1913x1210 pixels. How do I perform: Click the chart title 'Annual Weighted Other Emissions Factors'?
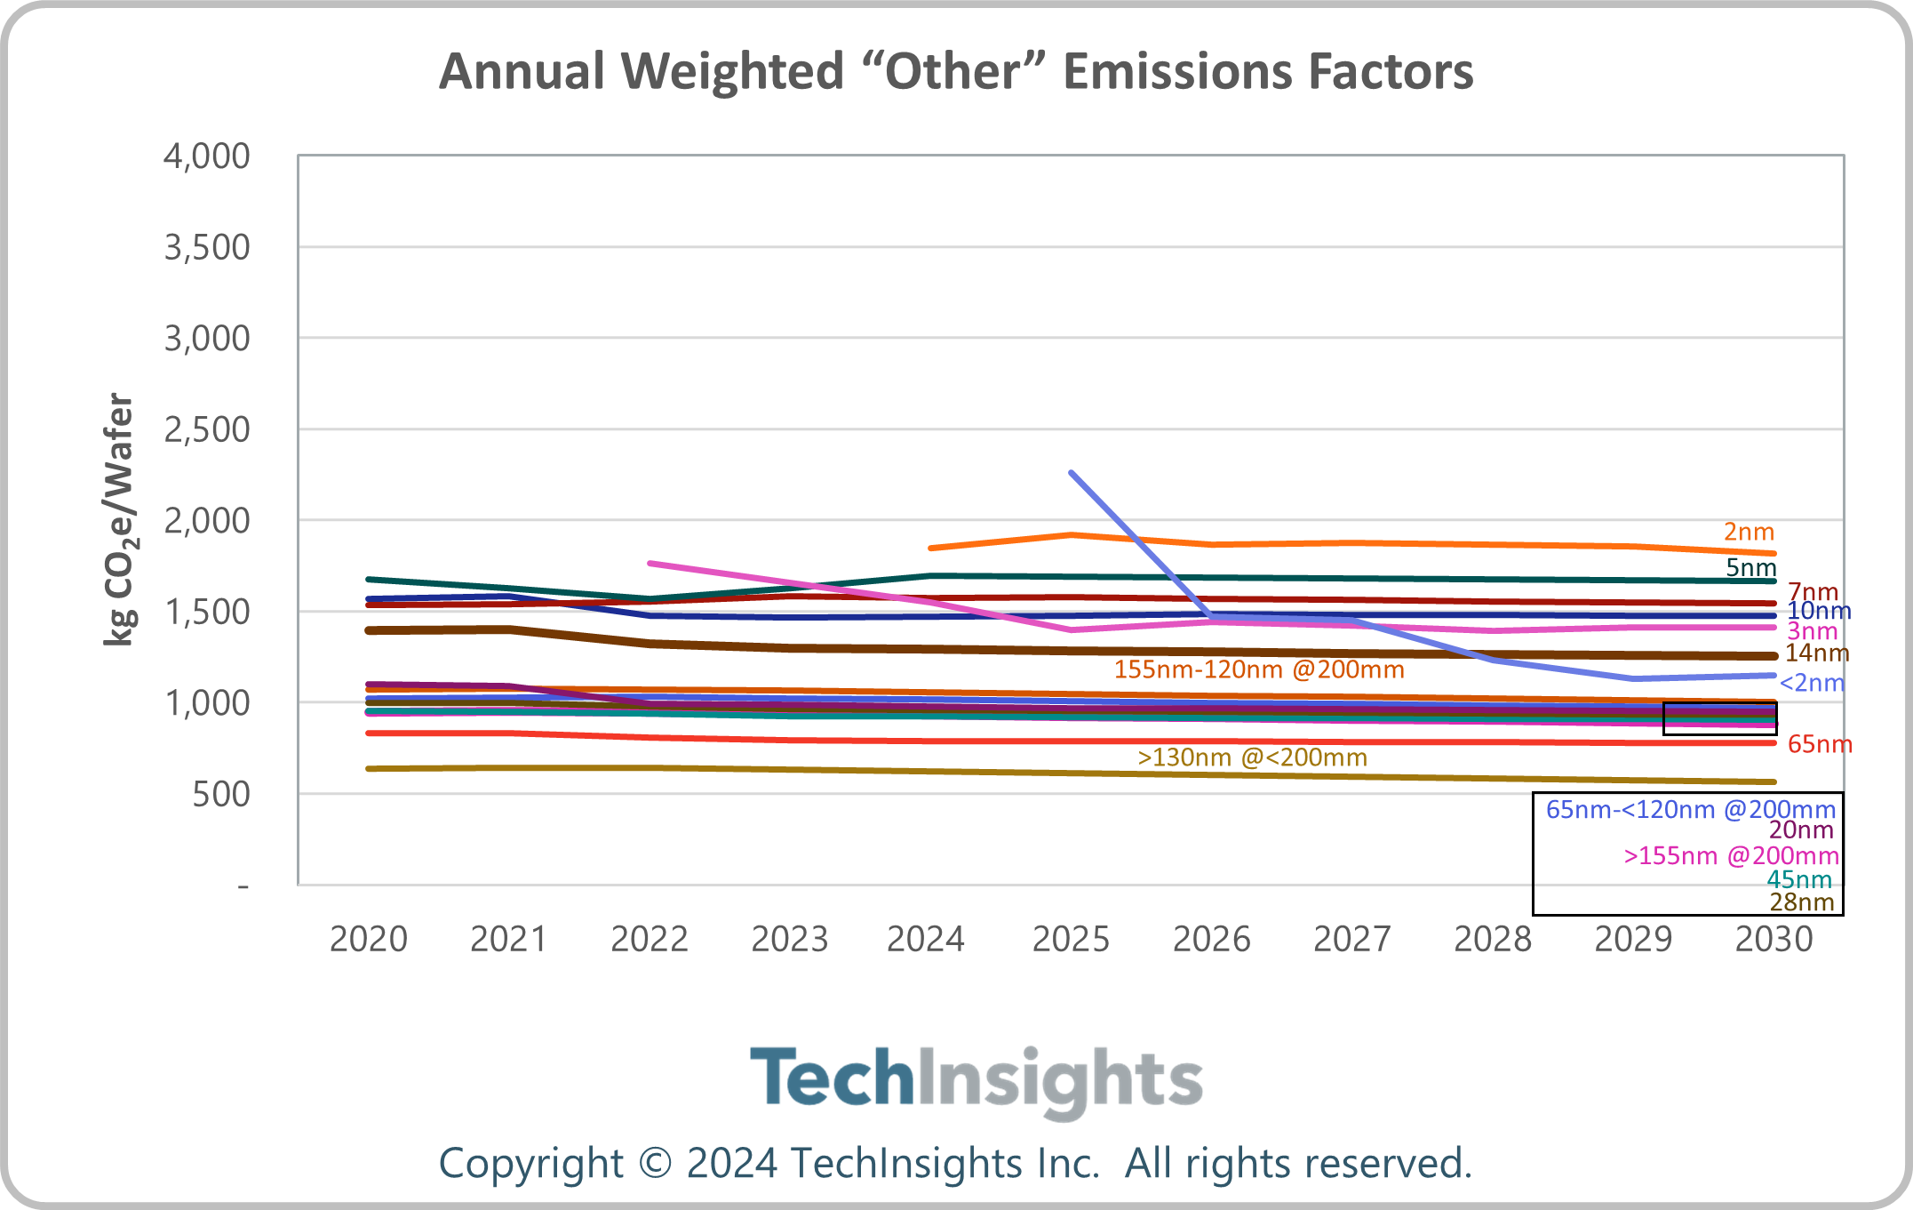pos(956,71)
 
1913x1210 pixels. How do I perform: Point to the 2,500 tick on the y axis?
pos(207,429)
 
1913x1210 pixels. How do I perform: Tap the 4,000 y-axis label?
pos(207,156)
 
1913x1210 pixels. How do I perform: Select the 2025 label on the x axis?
pos(1071,939)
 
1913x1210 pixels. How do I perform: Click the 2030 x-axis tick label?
pos(1774,939)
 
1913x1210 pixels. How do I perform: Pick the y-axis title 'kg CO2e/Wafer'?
pos(119,519)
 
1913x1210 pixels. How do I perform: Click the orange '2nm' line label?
pos(1749,532)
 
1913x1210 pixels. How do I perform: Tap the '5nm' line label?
pos(1750,567)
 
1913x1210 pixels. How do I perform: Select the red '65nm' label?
pos(1819,744)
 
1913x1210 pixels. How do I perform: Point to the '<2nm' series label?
pos(1812,683)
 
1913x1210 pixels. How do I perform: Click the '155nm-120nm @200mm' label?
pos(1259,669)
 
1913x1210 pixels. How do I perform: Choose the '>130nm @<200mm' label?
pos(1252,757)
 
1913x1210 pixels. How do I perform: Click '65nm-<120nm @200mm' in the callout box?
pos(1690,809)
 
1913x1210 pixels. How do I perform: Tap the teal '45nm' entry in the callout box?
pos(1799,879)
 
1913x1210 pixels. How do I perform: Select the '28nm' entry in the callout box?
pos(1801,902)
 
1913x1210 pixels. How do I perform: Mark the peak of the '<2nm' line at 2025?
pos(1072,472)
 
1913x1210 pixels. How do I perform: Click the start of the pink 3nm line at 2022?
pos(650,563)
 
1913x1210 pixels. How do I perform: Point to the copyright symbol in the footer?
pos(655,1164)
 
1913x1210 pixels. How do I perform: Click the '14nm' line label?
pos(1817,653)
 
